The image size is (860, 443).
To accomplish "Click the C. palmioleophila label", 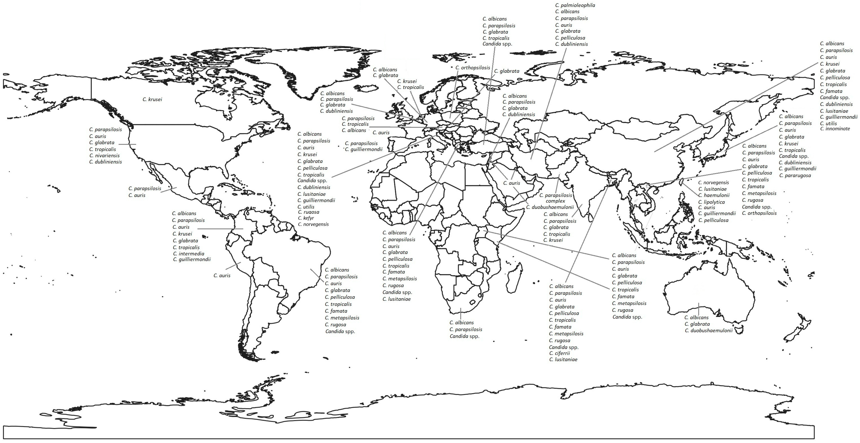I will (x=575, y=5).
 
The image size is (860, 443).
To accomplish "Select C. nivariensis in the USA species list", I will (x=104, y=156).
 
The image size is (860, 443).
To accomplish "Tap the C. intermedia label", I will (x=189, y=254).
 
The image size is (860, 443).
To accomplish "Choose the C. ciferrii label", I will (x=560, y=353).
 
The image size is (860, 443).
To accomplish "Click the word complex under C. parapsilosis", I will (x=555, y=201).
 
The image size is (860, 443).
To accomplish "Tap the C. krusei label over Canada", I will (x=152, y=99).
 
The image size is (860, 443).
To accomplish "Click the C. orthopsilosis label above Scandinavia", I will (x=473, y=68).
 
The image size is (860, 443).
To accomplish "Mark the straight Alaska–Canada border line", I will (x=92, y=89).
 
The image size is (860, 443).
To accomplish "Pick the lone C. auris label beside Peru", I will (x=222, y=276).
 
